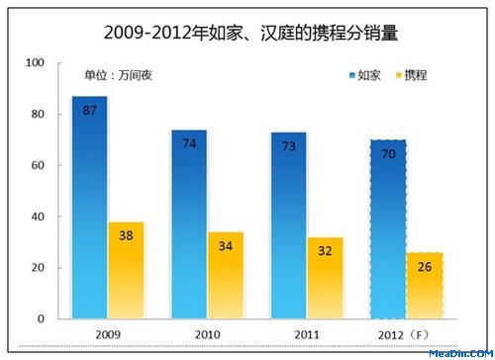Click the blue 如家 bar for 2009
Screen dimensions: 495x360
click(90, 208)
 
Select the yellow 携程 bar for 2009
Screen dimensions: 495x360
click(127, 270)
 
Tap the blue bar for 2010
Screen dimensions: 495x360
click(189, 225)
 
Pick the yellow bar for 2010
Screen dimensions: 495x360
click(226, 275)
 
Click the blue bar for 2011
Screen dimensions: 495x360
click(289, 225)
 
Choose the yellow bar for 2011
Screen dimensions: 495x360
click(326, 278)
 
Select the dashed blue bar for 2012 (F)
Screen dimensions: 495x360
click(388, 229)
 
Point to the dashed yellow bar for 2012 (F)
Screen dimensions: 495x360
click(425, 286)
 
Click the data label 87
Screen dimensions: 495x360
click(90, 111)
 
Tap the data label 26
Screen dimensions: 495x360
click(425, 267)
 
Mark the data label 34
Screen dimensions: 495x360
click(226, 246)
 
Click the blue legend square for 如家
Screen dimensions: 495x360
click(352, 75)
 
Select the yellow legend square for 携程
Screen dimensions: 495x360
click(399, 75)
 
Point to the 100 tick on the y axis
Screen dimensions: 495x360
click(35, 62)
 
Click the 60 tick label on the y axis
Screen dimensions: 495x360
click(38, 165)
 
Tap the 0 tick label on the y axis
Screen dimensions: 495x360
click(41, 318)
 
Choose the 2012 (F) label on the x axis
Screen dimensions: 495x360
click(403, 335)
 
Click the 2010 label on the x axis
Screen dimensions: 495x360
click(208, 335)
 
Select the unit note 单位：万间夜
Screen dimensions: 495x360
click(118, 75)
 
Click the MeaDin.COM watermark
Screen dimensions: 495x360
click(461, 354)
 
